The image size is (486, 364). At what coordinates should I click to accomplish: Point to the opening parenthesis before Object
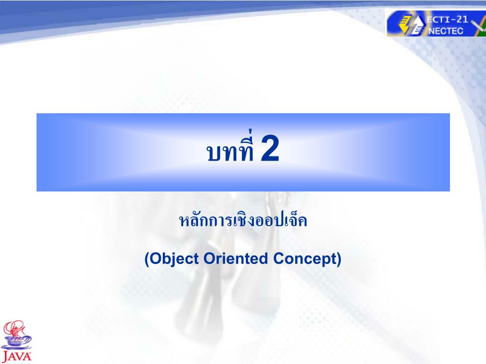[148, 259]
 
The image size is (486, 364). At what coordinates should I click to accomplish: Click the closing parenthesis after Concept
[339, 259]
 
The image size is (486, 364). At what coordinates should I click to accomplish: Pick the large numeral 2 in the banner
[270, 148]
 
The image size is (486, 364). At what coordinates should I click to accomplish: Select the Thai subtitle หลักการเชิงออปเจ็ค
[243, 220]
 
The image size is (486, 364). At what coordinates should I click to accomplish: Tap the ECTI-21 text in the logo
[447, 19]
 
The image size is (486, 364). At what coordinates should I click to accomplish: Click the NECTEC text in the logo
[446, 31]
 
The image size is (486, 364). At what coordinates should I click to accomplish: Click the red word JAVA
[17, 356]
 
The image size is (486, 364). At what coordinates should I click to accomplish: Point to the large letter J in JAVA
[6, 356]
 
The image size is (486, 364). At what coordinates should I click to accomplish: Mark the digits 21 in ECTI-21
[462, 19]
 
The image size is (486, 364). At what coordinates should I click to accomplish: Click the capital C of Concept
[279, 258]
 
